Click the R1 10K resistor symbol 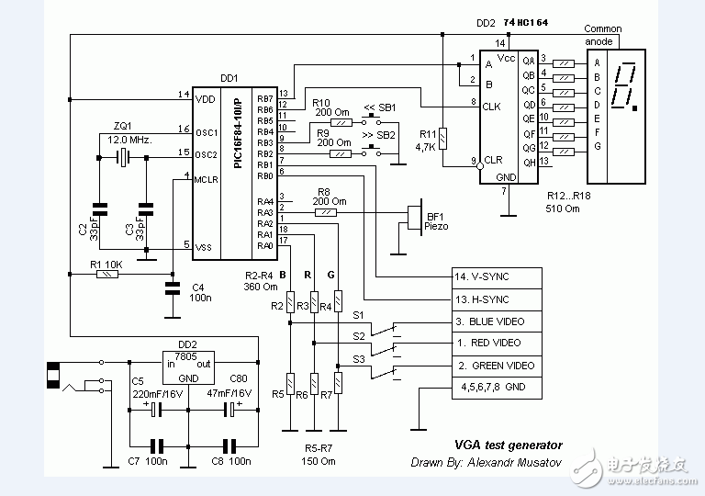click(108, 274)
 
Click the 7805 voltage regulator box click(187, 366)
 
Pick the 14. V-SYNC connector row click(497, 276)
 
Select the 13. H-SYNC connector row click(497, 299)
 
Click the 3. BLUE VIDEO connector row click(497, 321)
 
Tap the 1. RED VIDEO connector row click(497, 344)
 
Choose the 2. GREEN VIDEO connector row click(497, 366)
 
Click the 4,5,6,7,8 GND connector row click(497, 388)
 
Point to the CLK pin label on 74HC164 click(492, 107)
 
